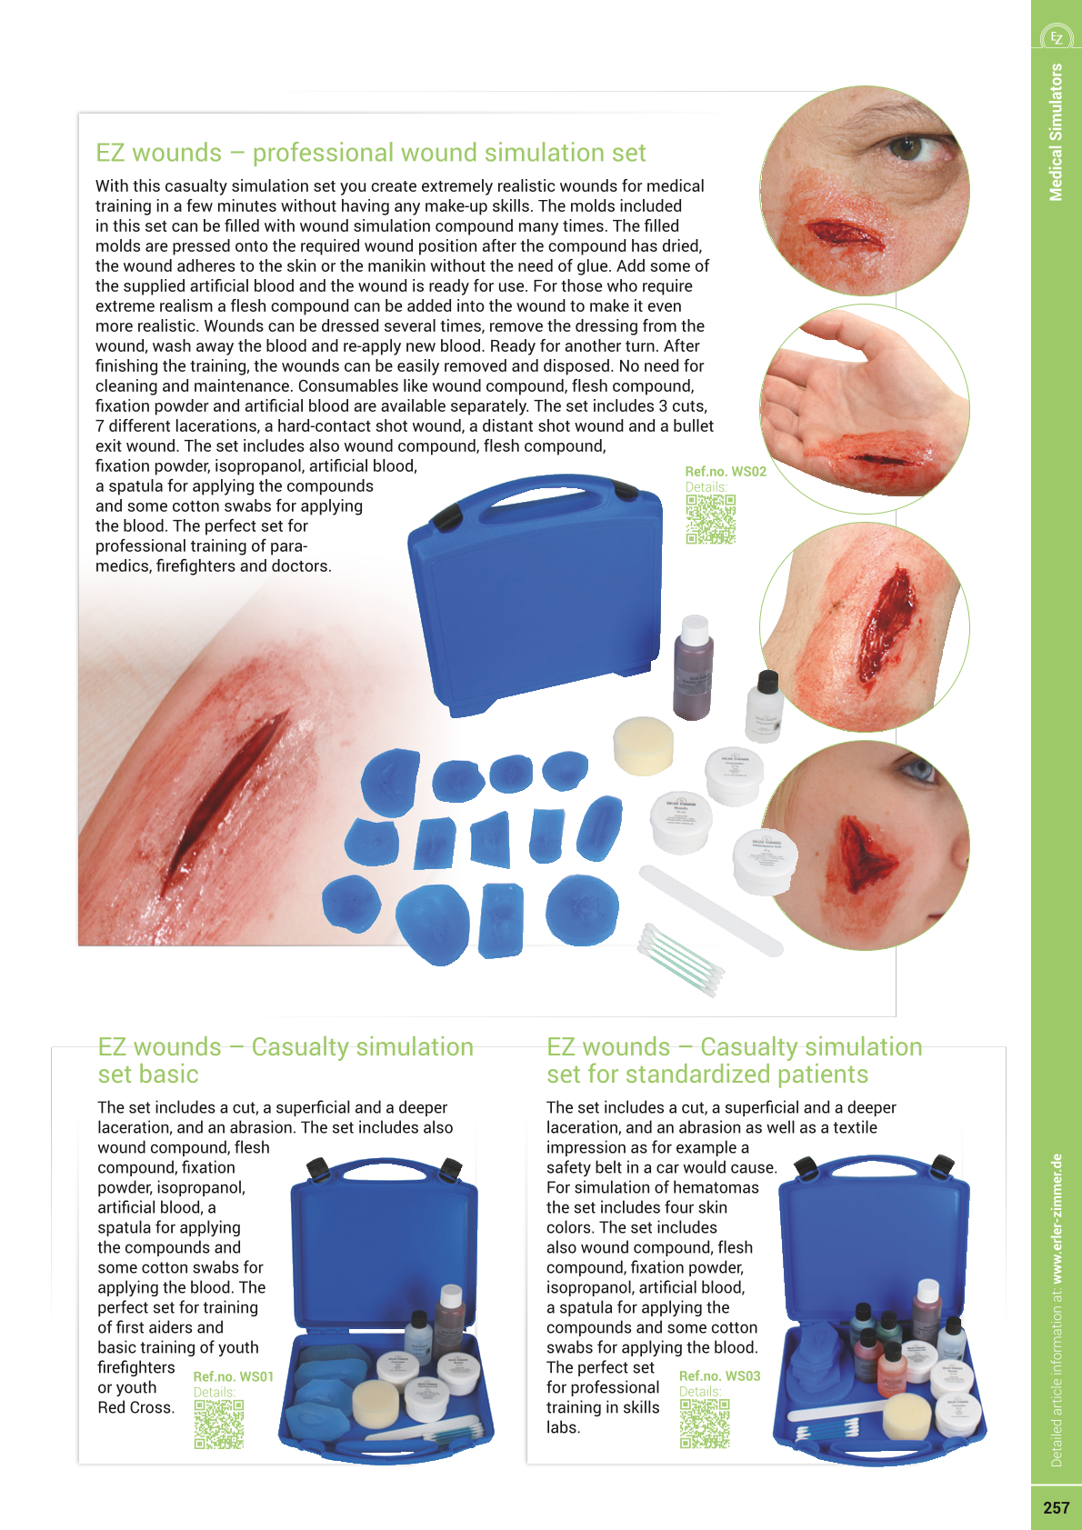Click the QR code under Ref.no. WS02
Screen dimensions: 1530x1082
tap(710, 519)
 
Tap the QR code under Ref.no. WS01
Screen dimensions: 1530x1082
tap(219, 1424)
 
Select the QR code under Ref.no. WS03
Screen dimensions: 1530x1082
tap(705, 1423)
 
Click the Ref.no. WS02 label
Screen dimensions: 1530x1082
tap(725, 471)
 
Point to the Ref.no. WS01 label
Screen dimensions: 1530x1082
tap(233, 1376)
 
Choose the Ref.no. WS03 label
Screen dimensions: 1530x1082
tap(719, 1375)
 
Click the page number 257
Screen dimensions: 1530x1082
tap(1056, 1507)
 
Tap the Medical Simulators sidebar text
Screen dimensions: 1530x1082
tap(1056, 132)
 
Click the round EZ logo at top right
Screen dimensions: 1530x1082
tap(1057, 37)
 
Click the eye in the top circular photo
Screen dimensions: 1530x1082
tap(906, 146)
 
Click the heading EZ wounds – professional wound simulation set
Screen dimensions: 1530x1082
tap(371, 153)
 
